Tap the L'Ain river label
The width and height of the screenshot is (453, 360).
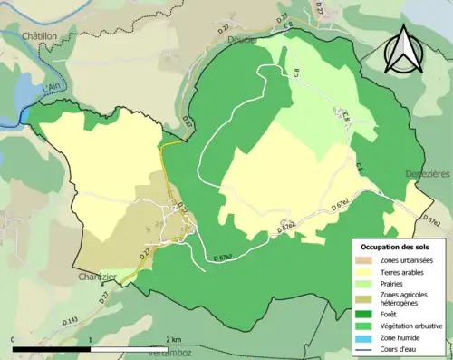pyautogui.click(x=32, y=92)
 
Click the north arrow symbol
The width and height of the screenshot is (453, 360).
pyautogui.click(x=403, y=49)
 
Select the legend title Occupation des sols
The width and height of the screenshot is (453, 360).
pyautogui.click(x=395, y=248)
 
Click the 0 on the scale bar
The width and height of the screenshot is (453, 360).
pyautogui.click(x=14, y=339)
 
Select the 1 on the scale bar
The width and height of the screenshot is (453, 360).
pyautogui.click(x=91, y=339)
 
